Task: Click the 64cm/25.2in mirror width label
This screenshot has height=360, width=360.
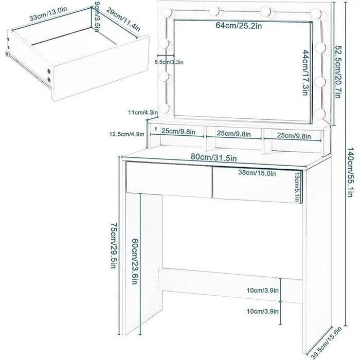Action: click(x=239, y=26)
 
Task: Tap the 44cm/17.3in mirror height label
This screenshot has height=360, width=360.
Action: click(x=305, y=73)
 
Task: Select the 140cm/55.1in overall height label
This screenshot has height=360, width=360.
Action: click(x=349, y=172)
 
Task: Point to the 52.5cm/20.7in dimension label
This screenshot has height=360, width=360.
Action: click(x=337, y=71)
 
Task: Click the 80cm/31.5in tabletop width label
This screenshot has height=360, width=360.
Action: click(x=213, y=157)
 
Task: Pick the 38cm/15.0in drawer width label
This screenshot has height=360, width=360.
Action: click(x=257, y=173)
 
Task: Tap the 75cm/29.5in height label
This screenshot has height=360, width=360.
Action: click(x=114, y=245)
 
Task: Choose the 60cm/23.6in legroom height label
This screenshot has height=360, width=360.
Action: click(x=135, y=261)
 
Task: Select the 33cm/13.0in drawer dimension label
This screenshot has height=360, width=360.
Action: click(x=48, y=14)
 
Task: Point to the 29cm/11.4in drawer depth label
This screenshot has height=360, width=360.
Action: click(x=123, y=19)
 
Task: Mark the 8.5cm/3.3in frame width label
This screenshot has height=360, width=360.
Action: click(x=169, y=62)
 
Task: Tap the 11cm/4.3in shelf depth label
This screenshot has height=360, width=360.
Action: click(x=143, y=113)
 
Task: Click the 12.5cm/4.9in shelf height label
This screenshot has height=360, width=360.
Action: click(x=127, y=134)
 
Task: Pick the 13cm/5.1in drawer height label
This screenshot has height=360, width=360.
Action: click(x=297, y=187)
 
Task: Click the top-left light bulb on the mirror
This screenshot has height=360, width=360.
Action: click(x=167, y=12)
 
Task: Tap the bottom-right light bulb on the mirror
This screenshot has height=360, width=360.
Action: click(x=320, y=113)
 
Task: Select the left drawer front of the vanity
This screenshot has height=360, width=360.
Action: click(x=169, y=179)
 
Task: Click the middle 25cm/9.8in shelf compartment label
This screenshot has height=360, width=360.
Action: click(x=233, y=134)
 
